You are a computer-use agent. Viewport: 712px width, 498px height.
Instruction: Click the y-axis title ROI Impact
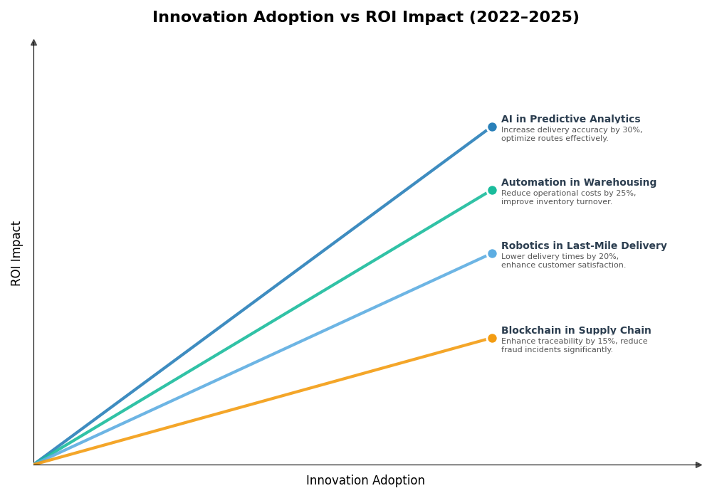tap(16, 253)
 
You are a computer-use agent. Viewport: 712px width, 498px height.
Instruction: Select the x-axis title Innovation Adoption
tap(365, 481)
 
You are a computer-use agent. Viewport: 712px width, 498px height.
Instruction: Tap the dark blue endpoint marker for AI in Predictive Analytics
tap(492, 127)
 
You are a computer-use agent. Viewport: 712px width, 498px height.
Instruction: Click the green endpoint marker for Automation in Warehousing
tap(492, 191)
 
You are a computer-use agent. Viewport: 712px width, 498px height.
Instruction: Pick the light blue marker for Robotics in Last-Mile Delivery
tap(492, 254)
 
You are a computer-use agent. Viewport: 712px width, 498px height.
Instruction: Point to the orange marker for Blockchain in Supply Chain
tap(492, 339)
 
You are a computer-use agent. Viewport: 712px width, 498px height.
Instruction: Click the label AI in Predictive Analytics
tap(570, 120)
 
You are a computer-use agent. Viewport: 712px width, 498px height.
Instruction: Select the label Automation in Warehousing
tap(578, 183)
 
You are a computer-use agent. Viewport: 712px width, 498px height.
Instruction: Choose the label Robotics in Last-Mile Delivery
tap(584, 246)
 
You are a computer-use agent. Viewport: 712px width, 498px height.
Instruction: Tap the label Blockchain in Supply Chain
tap(576, 331)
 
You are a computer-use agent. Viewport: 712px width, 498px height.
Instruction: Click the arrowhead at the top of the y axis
tap(33, 43)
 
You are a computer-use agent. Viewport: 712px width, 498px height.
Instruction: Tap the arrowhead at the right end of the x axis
tap(698, 465)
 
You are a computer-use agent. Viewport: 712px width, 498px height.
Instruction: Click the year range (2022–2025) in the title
tap(523, 18)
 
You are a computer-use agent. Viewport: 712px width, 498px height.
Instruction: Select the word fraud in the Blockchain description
tap(513, 350)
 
